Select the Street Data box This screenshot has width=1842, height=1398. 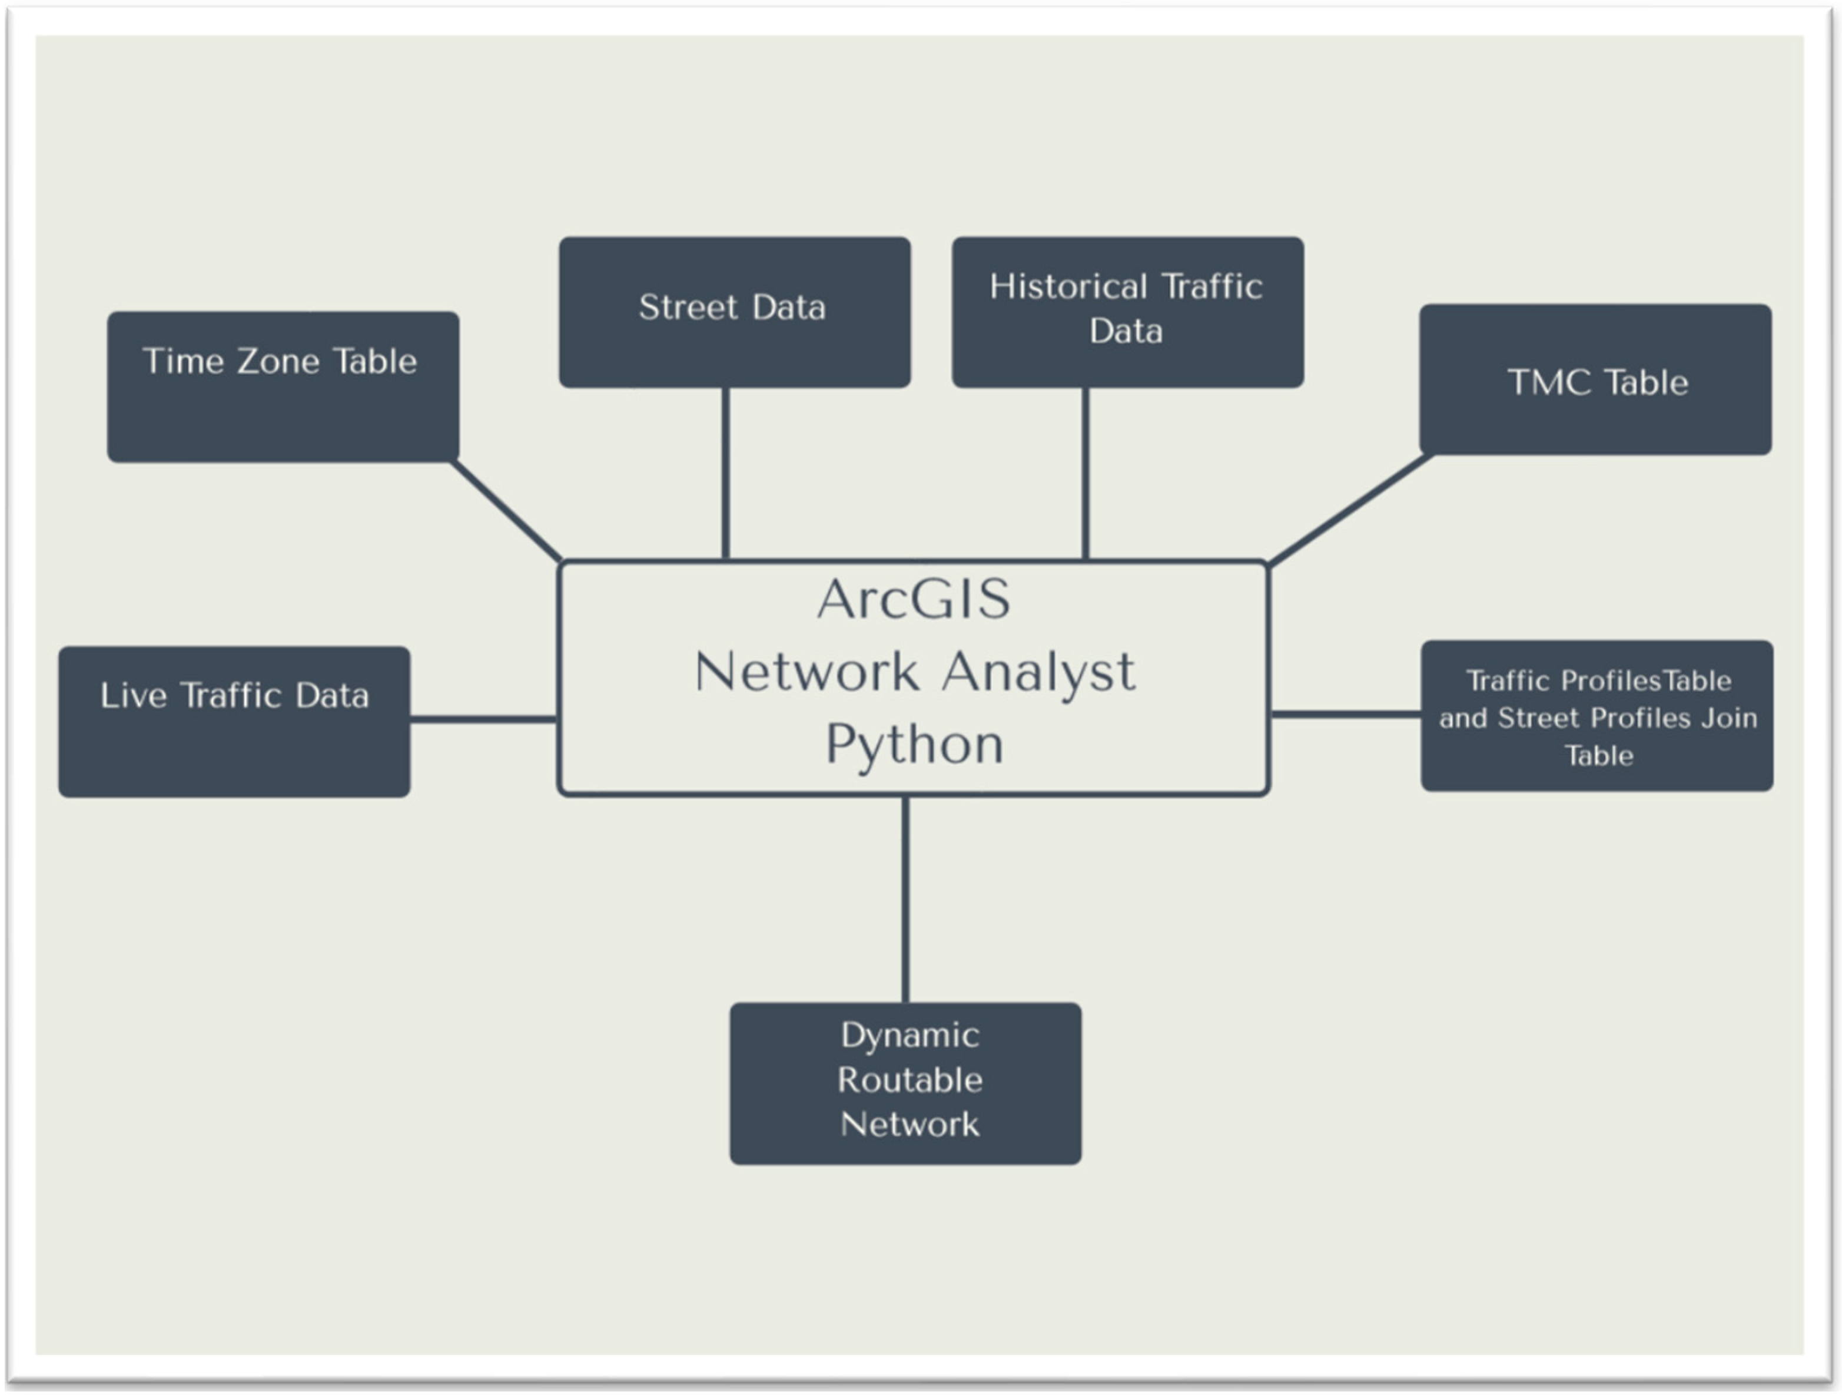point(735,312)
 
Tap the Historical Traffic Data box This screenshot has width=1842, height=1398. point(1127,312)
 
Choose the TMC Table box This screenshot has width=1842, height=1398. point(1595,380)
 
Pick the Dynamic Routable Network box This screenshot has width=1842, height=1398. point(906,1083)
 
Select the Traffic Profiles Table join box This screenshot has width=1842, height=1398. point(1597,716)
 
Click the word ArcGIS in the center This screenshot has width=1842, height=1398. point(914,599)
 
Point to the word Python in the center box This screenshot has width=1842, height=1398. point(914,744)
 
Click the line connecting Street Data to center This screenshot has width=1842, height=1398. point(726,473)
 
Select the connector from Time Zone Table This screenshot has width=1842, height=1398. point(506,510)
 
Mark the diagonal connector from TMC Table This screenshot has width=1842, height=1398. point(1349,510)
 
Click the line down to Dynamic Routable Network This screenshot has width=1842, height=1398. point(905,900)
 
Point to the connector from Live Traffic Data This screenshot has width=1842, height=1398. point(483,718)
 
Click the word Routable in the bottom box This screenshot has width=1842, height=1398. point(910,1080)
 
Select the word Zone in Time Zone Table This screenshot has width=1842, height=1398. point(278,362)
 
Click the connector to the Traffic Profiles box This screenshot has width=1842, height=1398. point(1346,714)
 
